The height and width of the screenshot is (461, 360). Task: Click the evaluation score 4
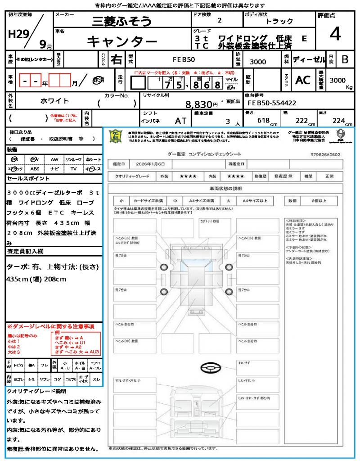point(335,34)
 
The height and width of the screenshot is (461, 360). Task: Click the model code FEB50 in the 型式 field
point(184,59)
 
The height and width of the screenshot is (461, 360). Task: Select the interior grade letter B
point(345,59)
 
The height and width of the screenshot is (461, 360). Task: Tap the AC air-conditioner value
point(303,80)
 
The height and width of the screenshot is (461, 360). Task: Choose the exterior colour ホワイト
point(55,101)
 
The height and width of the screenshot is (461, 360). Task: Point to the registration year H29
point(17,34)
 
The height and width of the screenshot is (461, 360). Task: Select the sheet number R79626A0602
point(325,154)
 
